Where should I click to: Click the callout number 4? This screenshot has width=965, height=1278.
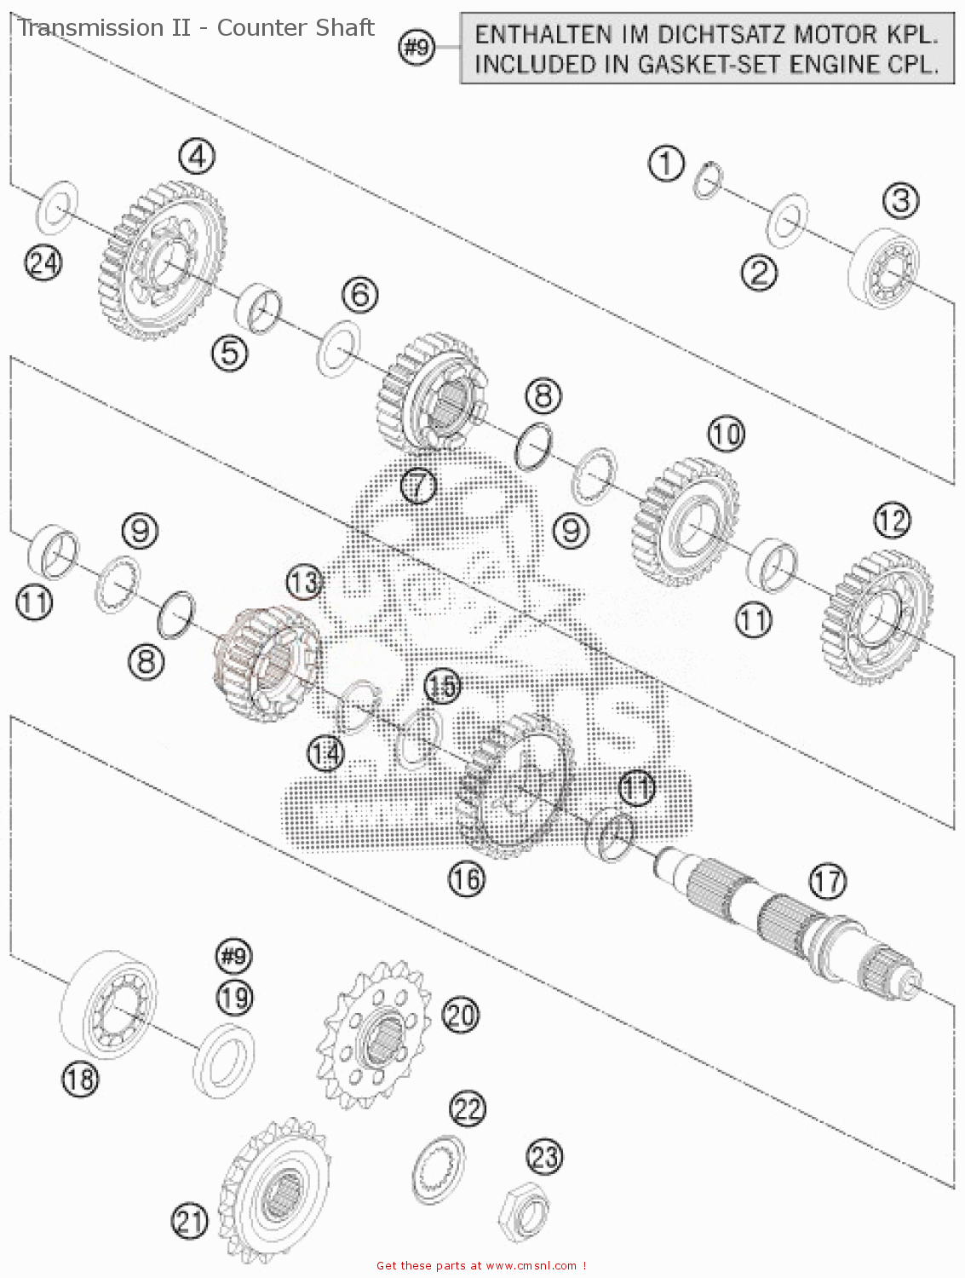[197, 157]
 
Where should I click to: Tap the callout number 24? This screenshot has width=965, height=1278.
[43, 262]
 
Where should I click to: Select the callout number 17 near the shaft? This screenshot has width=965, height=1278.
[828, 881]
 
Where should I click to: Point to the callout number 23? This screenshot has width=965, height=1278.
[545, 1157]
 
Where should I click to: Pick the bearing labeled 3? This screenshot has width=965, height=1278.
[884, 267]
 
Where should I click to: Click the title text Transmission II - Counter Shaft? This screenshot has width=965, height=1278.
[197, 28]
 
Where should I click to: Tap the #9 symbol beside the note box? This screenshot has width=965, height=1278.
[417, 48]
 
